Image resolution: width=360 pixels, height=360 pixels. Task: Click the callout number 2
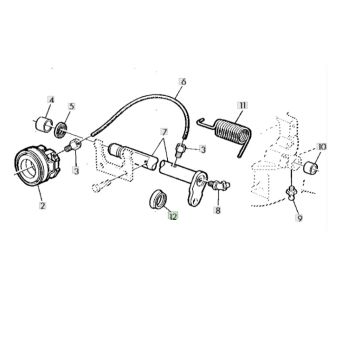pos(42,206)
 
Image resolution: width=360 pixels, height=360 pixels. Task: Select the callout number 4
pos(52,100)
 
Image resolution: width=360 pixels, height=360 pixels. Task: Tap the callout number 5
pos(72,107)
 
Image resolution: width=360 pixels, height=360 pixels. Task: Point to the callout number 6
pos(183,81)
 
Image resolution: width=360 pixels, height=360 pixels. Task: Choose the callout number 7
pos(163,131)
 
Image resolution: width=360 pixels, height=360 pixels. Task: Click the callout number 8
pos(218,211)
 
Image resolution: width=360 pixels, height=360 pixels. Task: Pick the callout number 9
pos(299,219)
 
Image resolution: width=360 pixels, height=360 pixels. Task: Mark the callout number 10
pos(322,147)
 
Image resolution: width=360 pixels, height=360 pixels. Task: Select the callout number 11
pos(242,106)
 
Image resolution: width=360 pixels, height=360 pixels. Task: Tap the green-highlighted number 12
pos(173,216)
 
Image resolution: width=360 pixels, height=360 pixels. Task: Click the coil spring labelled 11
pos(227,133)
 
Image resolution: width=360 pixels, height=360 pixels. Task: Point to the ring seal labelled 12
pos(158,200)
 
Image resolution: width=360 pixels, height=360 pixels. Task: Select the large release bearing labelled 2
pos(37,165)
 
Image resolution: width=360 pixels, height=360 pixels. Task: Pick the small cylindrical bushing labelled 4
pos(44,123)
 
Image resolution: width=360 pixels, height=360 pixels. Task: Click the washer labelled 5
pos(60,130)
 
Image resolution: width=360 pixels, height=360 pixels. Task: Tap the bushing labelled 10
pos(311,167)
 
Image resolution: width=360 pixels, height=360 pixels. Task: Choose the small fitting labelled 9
pos(291,193)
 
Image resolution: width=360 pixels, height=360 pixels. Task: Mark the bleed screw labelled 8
pos(219,184)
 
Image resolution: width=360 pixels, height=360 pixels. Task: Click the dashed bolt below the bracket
pos(102,185)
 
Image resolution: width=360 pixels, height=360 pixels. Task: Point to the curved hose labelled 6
pos(148,99)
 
